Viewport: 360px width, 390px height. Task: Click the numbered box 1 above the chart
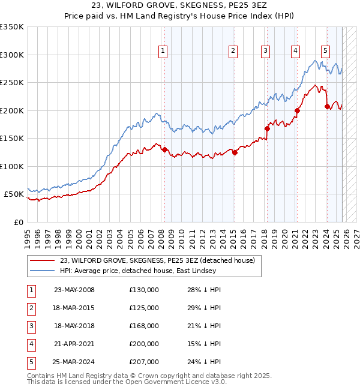click(x=163, y=52)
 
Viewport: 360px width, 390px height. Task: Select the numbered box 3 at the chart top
click(x=265, y=52)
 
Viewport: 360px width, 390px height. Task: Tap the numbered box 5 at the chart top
click(x=325, y=52)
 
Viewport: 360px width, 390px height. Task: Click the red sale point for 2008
click(x=164, y=150)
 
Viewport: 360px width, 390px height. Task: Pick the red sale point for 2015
click(x=235, y=152)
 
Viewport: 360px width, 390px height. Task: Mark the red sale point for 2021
click(x=297, y=110)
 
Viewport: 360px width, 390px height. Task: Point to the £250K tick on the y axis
click(x=12, y=83)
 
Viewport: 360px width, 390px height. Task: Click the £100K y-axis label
click(x=12, y=166)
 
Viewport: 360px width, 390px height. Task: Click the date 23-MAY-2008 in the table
click(x=74, y=290)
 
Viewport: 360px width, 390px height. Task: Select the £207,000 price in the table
click(x=144, y=362)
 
